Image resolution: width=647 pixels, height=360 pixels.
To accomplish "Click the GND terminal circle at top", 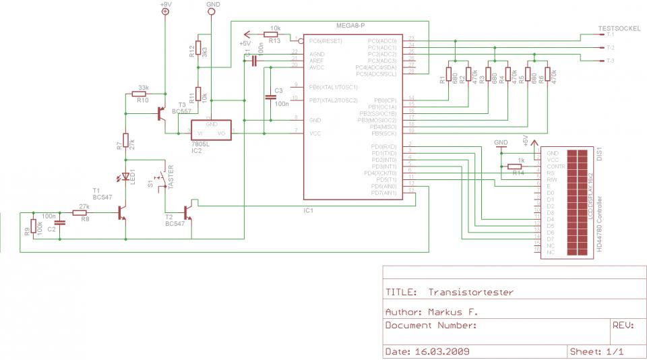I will (212, 12).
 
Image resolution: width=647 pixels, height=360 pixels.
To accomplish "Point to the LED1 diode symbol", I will (125, 177).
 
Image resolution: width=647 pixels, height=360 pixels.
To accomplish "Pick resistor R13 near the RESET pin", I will (274, 34).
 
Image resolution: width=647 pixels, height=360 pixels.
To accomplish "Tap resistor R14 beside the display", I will (516, 166).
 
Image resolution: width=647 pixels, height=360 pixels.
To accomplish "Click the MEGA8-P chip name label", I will (350, 26).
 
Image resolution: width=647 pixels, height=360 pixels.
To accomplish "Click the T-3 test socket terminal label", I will (609, 61).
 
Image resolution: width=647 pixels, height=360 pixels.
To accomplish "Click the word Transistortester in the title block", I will (470, 293).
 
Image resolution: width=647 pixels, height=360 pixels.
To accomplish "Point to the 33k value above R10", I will (143, 88).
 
